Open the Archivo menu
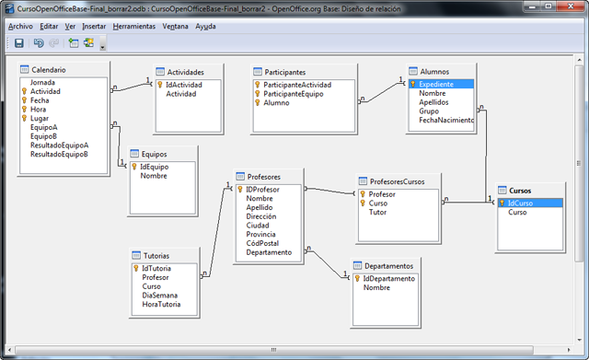(20, 27)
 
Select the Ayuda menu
(205, 27)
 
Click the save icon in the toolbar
(17, 43)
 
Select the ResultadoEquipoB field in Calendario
(59, 155)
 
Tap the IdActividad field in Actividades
(185, 85)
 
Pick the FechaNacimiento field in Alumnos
(446, 121)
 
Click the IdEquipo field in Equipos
(154, 167)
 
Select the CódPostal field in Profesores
(265, 243)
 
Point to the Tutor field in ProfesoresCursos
(378, 213)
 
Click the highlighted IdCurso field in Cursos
(520, 203)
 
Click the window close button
(574, 7)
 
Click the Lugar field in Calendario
(40, 119)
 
